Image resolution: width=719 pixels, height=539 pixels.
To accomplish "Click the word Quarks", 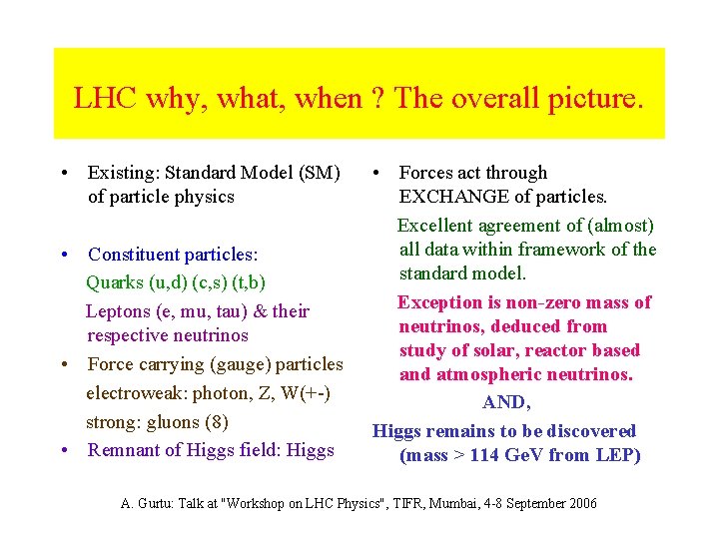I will coord(116,282).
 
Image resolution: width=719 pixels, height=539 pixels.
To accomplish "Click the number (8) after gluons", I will coord(215,421).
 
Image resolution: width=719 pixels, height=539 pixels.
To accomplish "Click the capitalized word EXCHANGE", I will coord(450,197).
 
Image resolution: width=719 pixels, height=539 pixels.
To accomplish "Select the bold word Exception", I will coord(441,301).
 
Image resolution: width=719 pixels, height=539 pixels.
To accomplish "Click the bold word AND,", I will coord(506,402).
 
